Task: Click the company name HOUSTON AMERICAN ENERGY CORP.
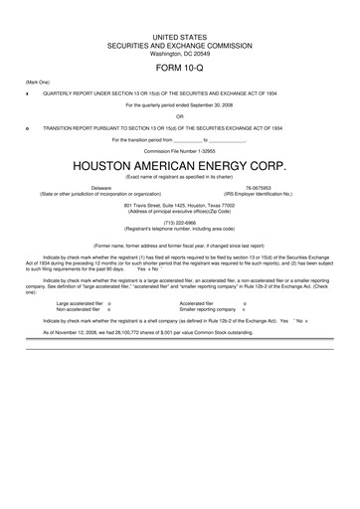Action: click(179, 162)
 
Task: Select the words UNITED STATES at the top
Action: click(179, 36)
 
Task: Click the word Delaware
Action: click(101, 187)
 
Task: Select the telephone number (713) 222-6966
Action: click(179, 224)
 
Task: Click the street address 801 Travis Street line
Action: click(179, 205)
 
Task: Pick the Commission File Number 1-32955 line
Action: click(179, 149)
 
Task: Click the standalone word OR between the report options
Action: click(179, 115)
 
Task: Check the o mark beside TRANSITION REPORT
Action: click(27, 127)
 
